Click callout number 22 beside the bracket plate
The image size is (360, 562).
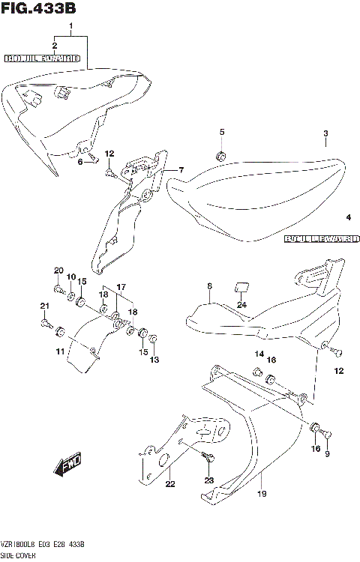click(170, 483)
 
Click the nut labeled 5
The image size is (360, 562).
click(221, 156)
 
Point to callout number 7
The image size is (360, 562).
click(180, 171)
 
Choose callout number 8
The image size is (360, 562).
click(209, 285)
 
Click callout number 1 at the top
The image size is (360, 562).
click(71, 28)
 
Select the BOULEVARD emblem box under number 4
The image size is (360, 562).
click(322, 240)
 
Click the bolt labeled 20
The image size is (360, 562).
click(58, 288)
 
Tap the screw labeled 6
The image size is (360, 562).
click(92, 157)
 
